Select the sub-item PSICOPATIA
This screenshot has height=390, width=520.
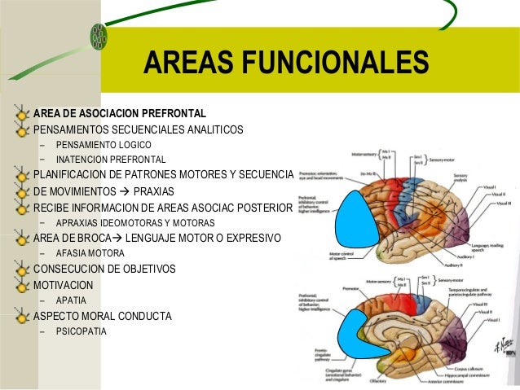point(81,331)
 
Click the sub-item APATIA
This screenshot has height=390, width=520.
point(71,300)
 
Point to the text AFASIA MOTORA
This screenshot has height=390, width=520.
point(90,253)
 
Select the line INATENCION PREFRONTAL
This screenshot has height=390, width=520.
point(111,160)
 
